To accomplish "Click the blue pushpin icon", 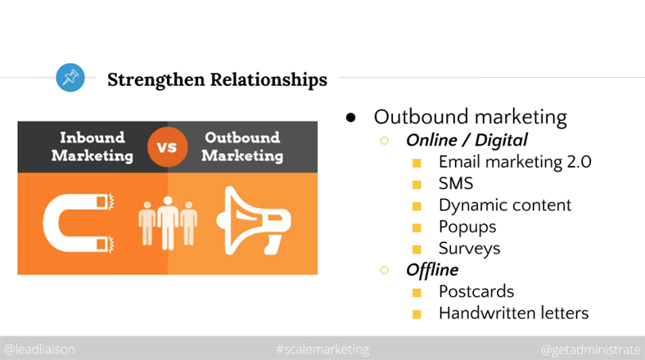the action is pyautogui.click(x=70, y=77).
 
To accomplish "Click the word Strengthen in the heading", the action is pyautogui.click(x=156, y=79).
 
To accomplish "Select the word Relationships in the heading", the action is pyautogui.click(x=269, y=79).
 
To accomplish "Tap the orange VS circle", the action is pyautogui.click(x=167, y=146).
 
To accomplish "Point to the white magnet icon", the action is pyautogui.click(x=78, y=223).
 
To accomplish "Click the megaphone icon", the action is pyautogui.click(x=254, y=221).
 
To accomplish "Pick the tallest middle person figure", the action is pyautogui.click(x=168, y=223).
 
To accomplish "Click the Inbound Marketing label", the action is pyautogui.click(x=92, y=146).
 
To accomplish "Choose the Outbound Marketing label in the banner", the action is pyautogui.click(x=242, y=146).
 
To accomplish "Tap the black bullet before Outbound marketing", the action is pyautogui.click(x=351, y=118).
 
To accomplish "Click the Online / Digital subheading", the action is pyautogui.click(x=467, y=140).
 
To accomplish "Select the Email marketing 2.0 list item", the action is pyautogui.click(x=515, y=162).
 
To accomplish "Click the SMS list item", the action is pyautogui.click(x=456, y=183).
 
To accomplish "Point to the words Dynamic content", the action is pyautogui.click(x=505, y=205).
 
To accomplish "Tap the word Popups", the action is pyautogui.click(x=467, y=227).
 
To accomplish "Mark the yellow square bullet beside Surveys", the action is pyautogui.click(x=417, y=249).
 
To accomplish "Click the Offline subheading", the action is pyautogui.click(x=432, y=270).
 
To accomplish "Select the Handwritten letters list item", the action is pyautogui.click(x=514, y=313).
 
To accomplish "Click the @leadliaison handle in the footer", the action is pyautogui.click(x=39, y=349).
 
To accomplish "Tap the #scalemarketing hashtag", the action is pyautogui.click(x=323, y=349).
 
